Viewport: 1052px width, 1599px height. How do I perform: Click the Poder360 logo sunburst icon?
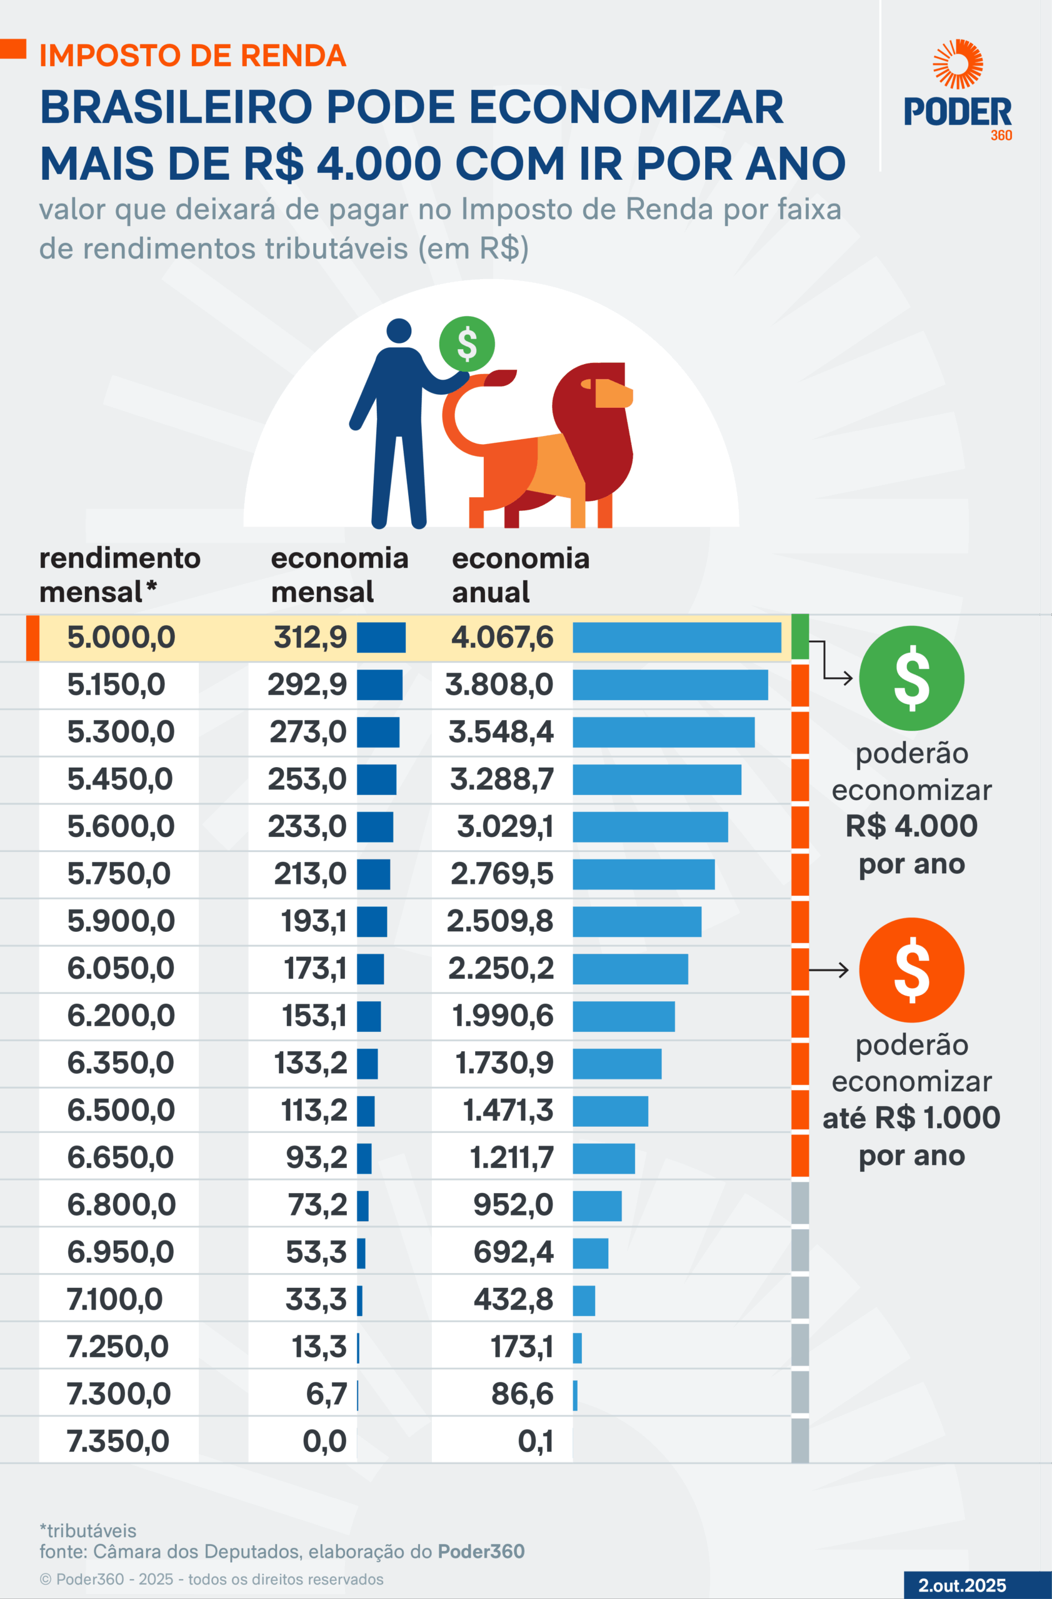click(x=957, y=64)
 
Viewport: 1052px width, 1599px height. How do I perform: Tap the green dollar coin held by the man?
click(x=466, y=344)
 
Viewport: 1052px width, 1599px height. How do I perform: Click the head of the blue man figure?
click(x=399, y=330)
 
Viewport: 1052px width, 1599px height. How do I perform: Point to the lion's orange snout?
click(x=613, y=393)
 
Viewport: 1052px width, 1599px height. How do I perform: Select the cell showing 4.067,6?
click(x=502, y=637)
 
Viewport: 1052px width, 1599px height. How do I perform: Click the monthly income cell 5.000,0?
click(x=121, y=637)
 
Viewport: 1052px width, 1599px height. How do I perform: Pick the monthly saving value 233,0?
click(x=306, y=826)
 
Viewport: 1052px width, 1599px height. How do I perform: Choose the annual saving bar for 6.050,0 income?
click(x=630, y=969)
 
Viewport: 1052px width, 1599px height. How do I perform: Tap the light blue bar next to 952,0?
click(x=597, y=1206)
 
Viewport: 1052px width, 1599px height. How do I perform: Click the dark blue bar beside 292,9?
click(x=379, y=685)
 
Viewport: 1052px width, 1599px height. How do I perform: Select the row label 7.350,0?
click(x=118, y=1441)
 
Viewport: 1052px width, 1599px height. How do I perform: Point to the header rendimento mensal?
click(x=119, y=575)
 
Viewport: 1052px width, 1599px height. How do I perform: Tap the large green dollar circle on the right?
click(x=911, y=678)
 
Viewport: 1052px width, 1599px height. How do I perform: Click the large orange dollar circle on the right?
click(x=911, y=969)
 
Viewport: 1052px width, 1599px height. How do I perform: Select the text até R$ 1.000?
click(x=911, y=1118)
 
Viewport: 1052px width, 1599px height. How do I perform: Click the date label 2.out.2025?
click(x=962, y=1585)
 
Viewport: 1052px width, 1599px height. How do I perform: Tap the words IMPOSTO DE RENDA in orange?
click(x=193, y=56)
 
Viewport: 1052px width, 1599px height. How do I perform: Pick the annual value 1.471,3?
click(x=508, y=1111)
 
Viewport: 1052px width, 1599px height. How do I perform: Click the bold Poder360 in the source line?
click(x=481, y=1552)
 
